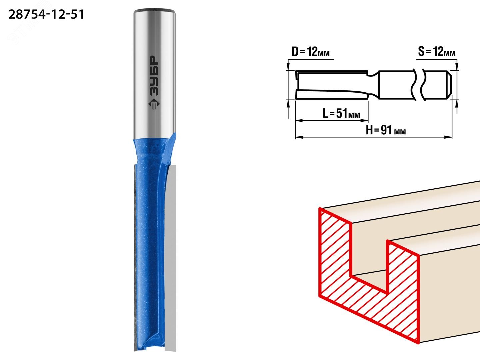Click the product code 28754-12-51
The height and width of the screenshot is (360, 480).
coord(46,15)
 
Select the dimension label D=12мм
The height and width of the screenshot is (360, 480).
coord(311,52)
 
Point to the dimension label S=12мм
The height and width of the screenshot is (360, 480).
coord(437,52)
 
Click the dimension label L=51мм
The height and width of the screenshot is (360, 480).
coord(341,113)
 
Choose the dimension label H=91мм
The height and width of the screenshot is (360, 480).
coord(386,130)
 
